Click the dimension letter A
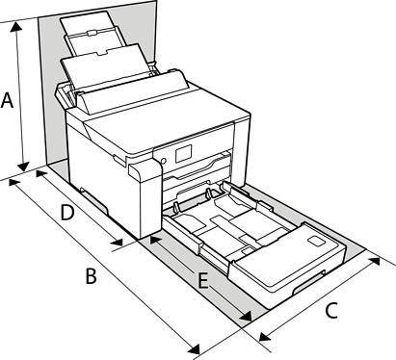(x=7, y=100)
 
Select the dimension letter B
(x=92, y=276)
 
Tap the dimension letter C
(x=331, y=310)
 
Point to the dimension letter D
(x=67, y=213)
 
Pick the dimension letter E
(x=203, y=281)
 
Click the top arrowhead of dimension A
(x=15, y=28)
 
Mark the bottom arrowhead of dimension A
(x=23, y=167)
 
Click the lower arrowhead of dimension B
(x=195, y=348)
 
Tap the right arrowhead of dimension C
(x=375, y=262)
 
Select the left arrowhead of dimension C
(x=264, y=337)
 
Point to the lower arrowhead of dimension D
(x=118, y=242)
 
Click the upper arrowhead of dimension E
(x=155, y=240)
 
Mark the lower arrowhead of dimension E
(x=247, y=317)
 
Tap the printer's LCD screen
(x=183, y=153)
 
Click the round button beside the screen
(x=163, y=161)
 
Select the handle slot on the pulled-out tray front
(x=309, y=282)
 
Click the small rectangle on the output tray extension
(x=316, y=241)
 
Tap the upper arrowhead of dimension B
(x=13, y=183)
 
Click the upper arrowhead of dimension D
(x=40, y=174)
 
